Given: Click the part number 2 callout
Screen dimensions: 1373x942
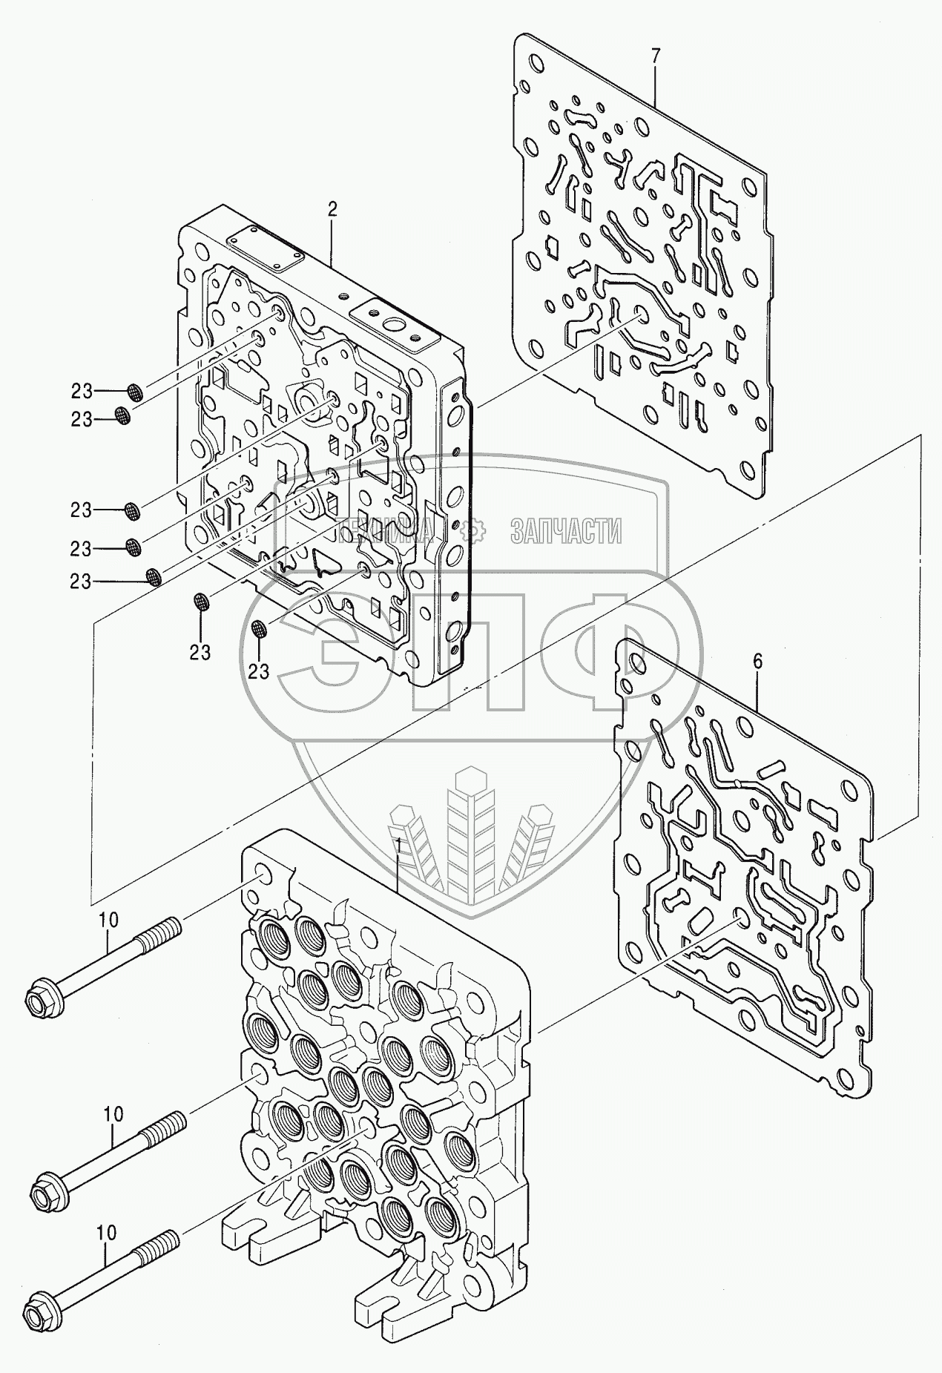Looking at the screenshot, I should click(332, 209).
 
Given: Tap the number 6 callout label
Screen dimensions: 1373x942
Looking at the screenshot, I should click(757, 662).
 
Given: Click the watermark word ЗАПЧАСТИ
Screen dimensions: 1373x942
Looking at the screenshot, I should click(566, 530).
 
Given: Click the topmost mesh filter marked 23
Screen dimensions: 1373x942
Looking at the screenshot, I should click(135, 392).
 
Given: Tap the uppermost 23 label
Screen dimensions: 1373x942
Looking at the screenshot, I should click(82, 391).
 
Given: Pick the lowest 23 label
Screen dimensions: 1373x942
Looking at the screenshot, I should click(257, 671).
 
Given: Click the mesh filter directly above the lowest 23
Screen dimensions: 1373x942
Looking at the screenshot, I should click(259, 629).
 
